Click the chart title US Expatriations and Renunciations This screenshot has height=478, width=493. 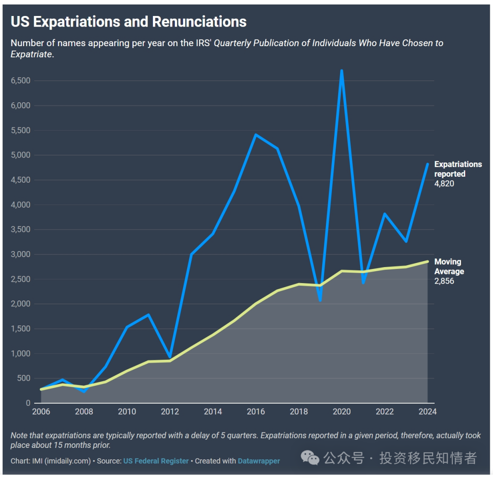128,21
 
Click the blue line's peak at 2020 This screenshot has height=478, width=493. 341,71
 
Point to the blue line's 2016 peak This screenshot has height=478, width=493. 256,135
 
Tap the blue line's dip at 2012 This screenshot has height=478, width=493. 170,357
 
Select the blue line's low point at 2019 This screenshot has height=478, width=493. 320,300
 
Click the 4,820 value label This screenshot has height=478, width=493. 444,184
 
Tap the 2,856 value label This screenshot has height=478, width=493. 444,281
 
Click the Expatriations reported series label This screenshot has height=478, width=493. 457,169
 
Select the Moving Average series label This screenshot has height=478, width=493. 449,267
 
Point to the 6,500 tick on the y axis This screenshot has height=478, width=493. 21,81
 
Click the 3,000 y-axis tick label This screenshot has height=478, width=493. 21,254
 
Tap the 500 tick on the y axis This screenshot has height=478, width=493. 24,378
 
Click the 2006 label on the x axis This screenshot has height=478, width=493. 41,411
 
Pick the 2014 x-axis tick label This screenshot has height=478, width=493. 213,411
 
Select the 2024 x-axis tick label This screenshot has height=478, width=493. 427,411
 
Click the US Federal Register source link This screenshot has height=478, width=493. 156,461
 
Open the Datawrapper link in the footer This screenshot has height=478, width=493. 259,461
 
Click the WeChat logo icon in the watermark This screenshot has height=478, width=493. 310,457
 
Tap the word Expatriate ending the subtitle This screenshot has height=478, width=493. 31,54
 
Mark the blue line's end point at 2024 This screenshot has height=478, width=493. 427,164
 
